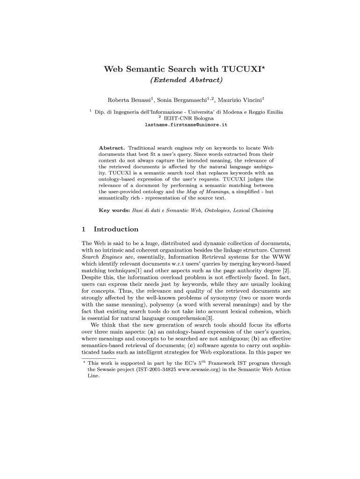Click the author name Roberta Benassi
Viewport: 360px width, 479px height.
tap(130, 100)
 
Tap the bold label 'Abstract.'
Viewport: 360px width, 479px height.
tap(112, 148)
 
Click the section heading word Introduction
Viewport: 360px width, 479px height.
tap(116, 229)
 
